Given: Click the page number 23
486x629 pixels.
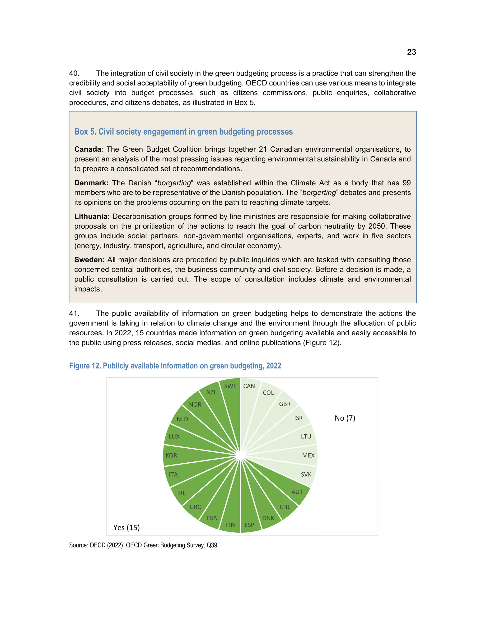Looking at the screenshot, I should pos(411,52).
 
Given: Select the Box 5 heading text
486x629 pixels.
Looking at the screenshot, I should pos(183,132).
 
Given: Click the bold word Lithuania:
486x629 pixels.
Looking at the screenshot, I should pos(92,216).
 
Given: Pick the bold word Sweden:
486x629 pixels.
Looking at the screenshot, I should pos(89,259).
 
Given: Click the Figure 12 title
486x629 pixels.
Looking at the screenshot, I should pos(175,366).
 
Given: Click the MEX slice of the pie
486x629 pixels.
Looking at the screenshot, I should pos(302,455).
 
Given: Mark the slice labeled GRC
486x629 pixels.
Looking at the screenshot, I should pos(199,502).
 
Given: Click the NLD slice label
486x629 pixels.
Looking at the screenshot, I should pos(182,419).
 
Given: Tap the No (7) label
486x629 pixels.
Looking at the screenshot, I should pos(345,418).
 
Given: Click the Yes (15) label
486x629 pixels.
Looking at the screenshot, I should pos(126,527).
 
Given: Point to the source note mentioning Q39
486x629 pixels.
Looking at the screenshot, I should pos(143,545).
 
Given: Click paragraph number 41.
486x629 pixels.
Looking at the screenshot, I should pos(74,313).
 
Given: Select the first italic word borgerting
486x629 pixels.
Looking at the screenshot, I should pos(174,183).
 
